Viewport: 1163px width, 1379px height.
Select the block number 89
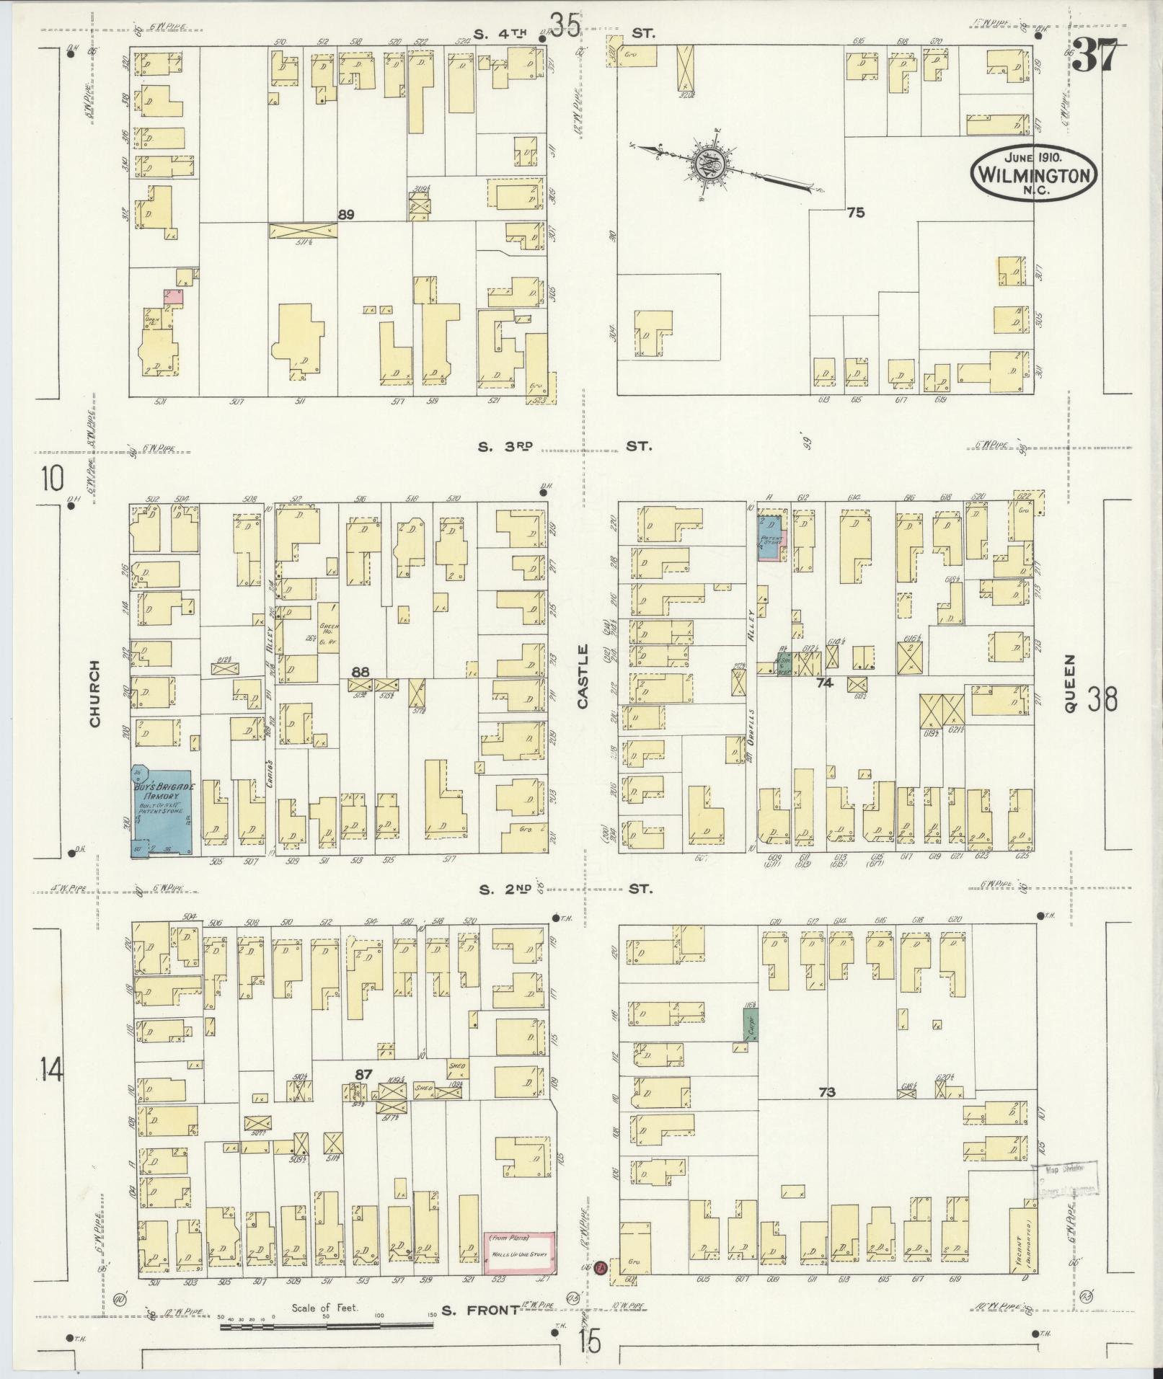click(x=346, y=214)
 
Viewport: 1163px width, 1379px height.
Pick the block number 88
click(x=360, y=671)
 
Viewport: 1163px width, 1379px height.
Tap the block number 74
click(x=824, y=682)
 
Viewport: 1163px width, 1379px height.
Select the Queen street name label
click(x=1070, y=683)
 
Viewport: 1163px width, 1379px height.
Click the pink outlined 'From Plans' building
click(x=518, y=1253)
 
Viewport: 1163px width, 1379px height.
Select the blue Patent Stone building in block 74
click(x=769, y=537)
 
